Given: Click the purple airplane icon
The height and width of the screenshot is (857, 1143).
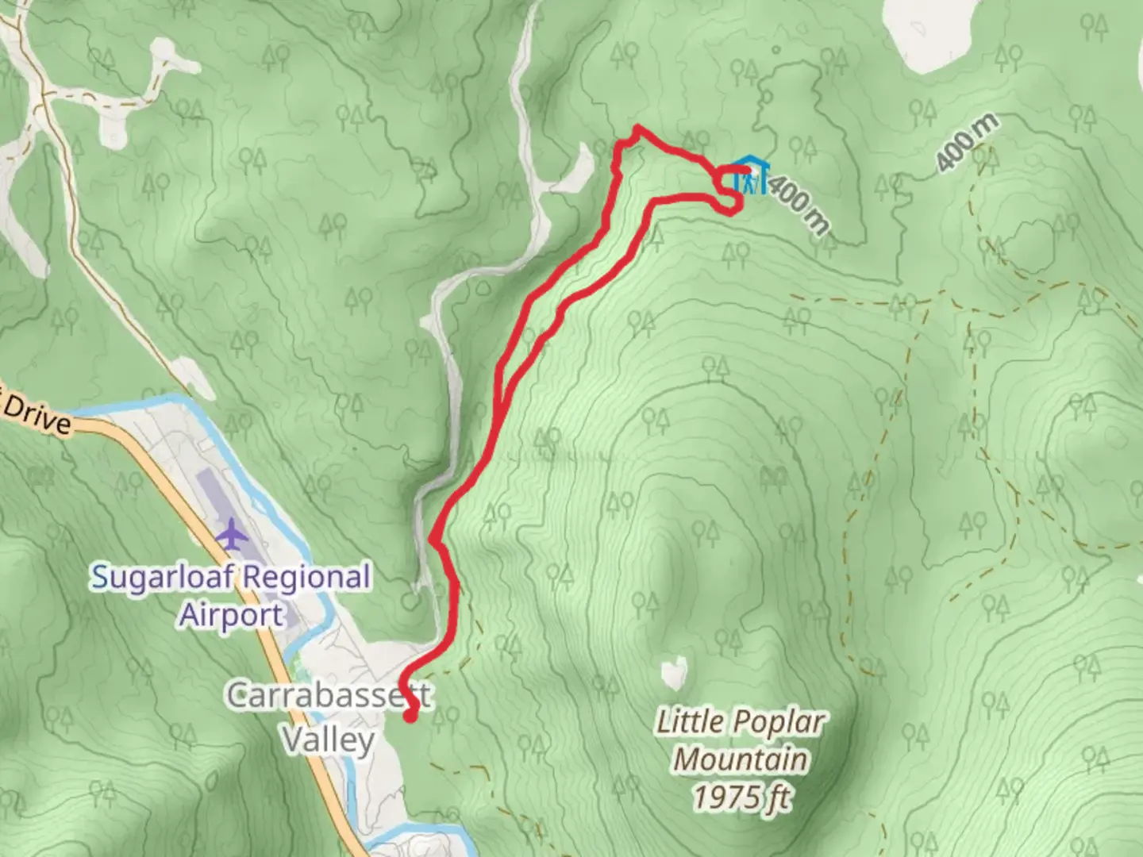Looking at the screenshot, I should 232,534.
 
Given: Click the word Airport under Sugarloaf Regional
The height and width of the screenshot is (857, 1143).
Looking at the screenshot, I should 231,615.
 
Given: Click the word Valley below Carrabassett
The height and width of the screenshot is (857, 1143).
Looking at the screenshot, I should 329,740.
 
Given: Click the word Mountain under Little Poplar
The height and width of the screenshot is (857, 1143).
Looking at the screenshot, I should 741,759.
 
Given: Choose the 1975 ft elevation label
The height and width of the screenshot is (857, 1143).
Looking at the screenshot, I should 742,796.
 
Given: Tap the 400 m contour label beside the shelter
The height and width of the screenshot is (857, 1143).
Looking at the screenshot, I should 799,205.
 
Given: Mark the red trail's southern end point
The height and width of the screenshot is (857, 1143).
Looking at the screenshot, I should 410,717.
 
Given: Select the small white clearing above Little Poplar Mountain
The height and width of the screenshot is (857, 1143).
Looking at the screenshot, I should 674,673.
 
